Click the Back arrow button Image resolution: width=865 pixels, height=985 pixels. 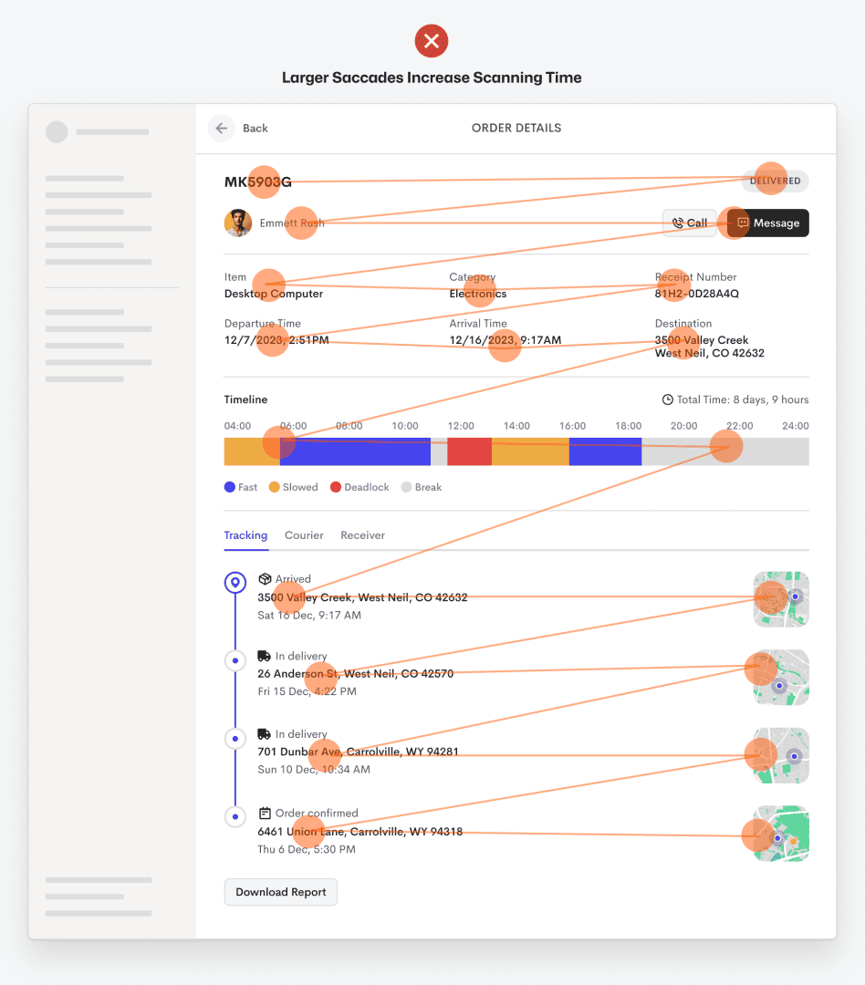tap(222, 129)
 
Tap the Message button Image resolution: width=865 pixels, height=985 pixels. tap(767, 223)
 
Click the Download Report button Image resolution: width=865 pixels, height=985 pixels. tap(280, 892)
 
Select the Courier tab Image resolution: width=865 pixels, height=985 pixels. tap(304, 535)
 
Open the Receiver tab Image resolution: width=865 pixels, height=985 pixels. tap(363, 535)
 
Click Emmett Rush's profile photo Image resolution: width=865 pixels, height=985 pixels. tap(237, 223)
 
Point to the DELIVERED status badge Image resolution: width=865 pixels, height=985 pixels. tap(775, 181)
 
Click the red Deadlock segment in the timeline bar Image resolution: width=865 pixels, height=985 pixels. tap(469, 451)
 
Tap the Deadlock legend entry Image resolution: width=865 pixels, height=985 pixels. tap(360, 487)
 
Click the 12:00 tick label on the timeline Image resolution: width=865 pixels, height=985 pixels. tap(461, 426)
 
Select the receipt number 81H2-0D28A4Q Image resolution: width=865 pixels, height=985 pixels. tap(696, 294)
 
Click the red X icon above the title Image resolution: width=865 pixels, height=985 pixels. tap(432, 41)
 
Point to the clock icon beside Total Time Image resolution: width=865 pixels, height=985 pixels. tap(668, 399)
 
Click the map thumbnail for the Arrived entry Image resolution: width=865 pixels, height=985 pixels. tap(781, 599)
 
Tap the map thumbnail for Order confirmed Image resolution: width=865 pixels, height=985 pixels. tap(781, 834)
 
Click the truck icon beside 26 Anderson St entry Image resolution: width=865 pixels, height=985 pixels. tap(264, 656)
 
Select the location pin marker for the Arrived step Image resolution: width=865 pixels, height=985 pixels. tap(235, 583)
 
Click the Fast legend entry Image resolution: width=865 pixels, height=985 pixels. tap(241, 487)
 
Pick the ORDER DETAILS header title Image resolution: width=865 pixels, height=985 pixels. tap(516, 129)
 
